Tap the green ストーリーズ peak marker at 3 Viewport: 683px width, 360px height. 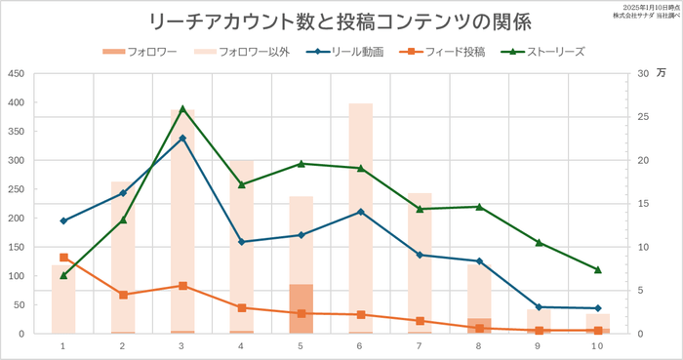point(182,108)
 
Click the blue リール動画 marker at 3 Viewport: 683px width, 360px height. point(182,138)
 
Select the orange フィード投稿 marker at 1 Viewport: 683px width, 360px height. point(63,258)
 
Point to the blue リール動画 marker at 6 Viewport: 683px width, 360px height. point(360,212)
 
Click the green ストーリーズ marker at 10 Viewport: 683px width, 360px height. point(598,270)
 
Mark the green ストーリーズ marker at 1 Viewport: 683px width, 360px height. point(63,275)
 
